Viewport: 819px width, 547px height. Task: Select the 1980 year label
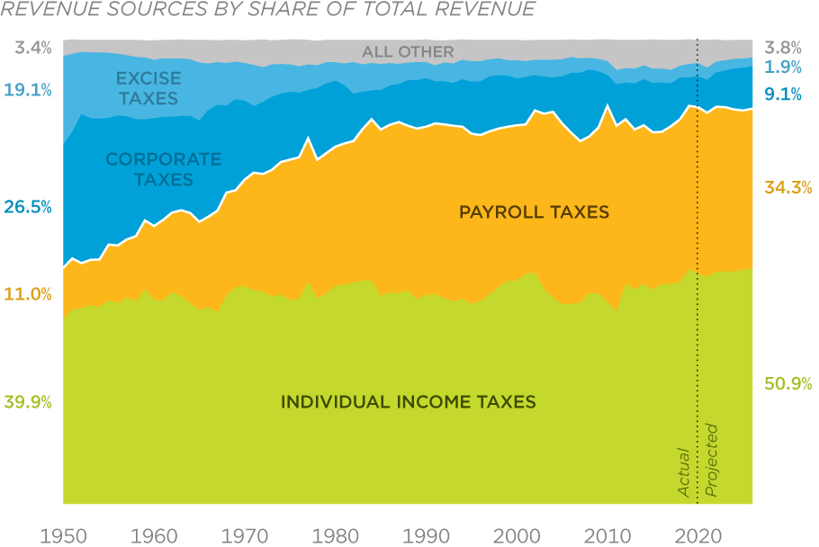point(335,534)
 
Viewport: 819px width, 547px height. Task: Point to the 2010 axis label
point(607,534)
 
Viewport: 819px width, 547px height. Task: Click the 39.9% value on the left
point(28,402)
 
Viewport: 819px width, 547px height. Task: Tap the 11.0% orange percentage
point(28,294)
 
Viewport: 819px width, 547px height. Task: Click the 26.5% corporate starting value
point(28,207)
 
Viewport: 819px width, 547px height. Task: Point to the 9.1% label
point(783,94)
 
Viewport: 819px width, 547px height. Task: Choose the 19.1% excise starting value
point(28,89)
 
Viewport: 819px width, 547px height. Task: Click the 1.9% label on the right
point(783,68)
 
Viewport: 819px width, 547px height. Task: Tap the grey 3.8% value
point(783,48)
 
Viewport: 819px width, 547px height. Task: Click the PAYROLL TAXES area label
point(534,212)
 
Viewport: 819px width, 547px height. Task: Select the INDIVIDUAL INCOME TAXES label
point(408,401)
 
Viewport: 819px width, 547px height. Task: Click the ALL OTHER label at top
point(408,52)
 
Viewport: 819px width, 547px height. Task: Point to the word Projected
point(711,460)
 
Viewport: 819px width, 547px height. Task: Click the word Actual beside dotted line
point(684,472)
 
